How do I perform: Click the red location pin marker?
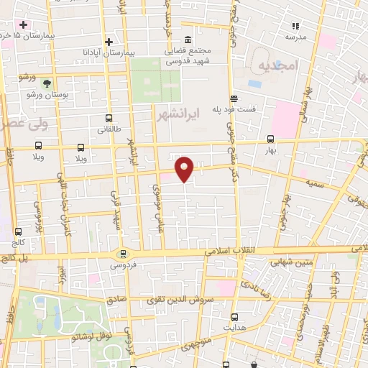point(185,168)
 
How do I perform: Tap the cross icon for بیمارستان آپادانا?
point(109,41)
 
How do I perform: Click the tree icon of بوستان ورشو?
point(47,83)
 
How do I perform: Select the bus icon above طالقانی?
point(109,119)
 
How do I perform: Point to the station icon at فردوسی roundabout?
point(123,253)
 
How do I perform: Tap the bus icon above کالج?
point(18,231)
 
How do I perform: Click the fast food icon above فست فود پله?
point(234,99)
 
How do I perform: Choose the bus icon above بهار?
point(270,139)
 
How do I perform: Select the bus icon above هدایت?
point(234,316)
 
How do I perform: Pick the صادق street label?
point(117,300)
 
